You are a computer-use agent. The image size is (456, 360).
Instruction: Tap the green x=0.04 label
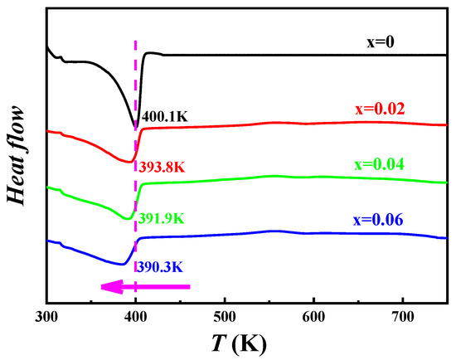[x=399, y=165]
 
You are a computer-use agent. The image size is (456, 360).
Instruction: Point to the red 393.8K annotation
[x=161, y=166]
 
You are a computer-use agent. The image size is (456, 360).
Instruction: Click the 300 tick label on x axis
[x=46, y=317]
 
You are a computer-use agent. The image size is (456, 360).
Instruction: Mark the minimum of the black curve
[x=135, y=127]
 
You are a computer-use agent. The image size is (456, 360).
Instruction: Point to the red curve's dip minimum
[x=129, y=162]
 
